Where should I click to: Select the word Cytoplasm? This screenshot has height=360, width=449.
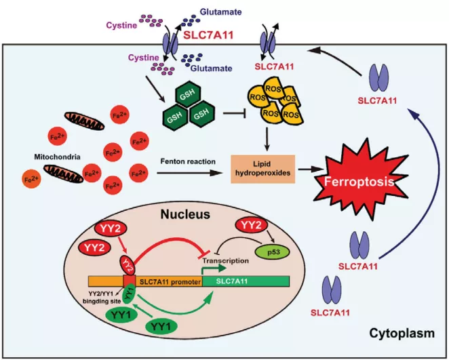[399, 333]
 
